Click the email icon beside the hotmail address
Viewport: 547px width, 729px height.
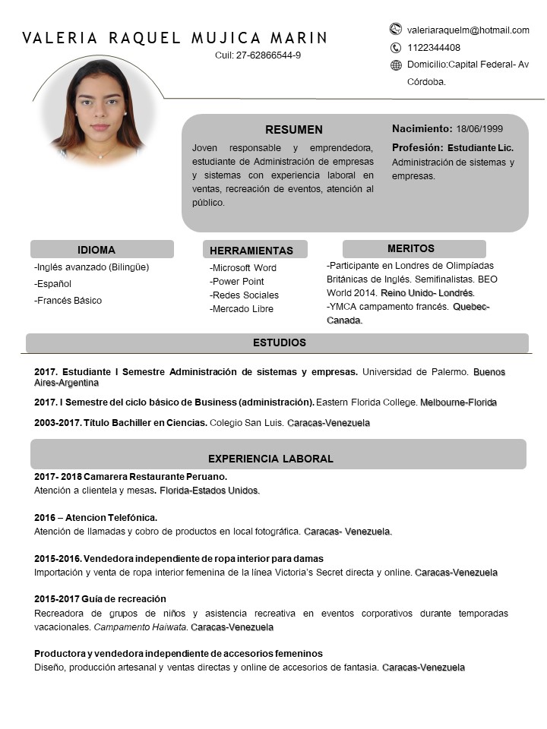pos(395,30)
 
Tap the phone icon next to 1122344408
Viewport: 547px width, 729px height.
pos(395,48)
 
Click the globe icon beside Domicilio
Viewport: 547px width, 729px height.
pos(396,65)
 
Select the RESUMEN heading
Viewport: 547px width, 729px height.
pos(293,130)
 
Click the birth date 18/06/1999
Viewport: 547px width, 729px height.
pos(479,129)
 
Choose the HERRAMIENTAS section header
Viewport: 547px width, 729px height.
pos(251,251)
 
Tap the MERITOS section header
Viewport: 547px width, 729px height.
pos(411,248)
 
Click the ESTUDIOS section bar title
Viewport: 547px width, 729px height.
pos(280,342)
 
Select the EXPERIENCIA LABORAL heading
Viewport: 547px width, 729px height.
pos(270,459)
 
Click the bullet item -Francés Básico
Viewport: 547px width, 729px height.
pos(68,301)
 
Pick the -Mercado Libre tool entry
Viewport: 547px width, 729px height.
pos(242,309)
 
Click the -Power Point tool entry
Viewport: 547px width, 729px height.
pos(237,282)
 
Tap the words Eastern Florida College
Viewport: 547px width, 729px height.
pos(366,402)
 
